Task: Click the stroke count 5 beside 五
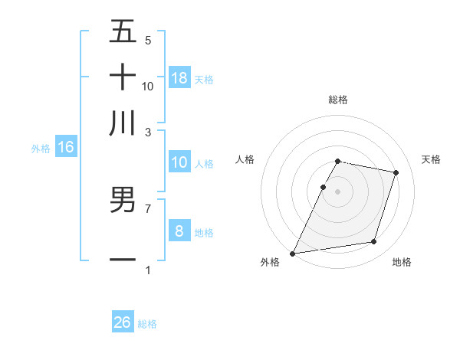tap(148, 40)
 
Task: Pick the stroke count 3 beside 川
tap(148, 132)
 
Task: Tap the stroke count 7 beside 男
tap(148, 208)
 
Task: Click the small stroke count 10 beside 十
tap(148, 86)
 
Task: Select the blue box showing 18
tap(179, 77)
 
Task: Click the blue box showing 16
tap(66, 147)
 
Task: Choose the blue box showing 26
tap(123, 322)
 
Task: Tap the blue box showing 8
tap(179, 231)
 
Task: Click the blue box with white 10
tap(179, 162)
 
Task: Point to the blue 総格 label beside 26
tap(147, 324)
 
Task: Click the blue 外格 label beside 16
tap(40, 149)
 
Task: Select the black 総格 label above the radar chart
tap(337, 100)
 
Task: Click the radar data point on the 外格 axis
tap(293, 253)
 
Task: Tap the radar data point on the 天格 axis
tap(396, 172)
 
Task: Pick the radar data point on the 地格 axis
tap(374, 242)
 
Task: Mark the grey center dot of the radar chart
tap(337, 191)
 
